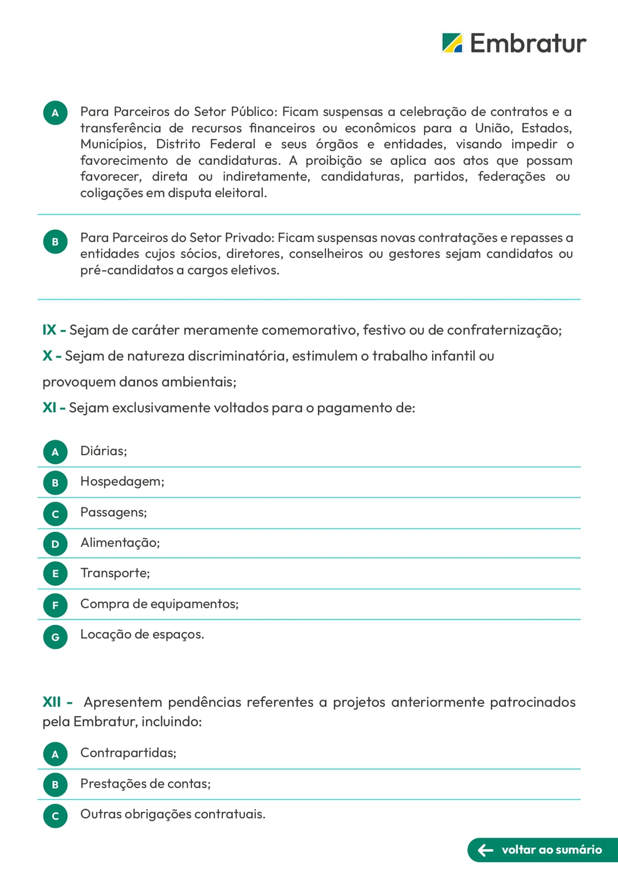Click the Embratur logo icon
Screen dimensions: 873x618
452,43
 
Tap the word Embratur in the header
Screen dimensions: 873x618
528,43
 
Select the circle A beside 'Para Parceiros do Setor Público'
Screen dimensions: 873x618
55,113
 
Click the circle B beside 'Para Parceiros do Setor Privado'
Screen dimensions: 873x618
55,242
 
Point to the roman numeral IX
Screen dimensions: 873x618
49,330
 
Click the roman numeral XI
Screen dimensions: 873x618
49,408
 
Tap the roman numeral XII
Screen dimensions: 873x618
51,702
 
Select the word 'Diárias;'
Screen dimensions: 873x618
104,451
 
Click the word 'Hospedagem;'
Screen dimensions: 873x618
122,481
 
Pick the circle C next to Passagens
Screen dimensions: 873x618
55,514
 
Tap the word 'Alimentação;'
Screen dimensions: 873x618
120,543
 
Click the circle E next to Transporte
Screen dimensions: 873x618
55,574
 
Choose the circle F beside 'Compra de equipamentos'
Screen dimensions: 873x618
55,605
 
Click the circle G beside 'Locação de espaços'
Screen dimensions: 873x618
55,637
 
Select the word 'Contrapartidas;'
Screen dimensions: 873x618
128,753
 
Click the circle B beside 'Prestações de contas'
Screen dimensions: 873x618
55,785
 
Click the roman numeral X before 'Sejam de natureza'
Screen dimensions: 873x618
47,356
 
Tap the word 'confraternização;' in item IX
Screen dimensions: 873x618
504,330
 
